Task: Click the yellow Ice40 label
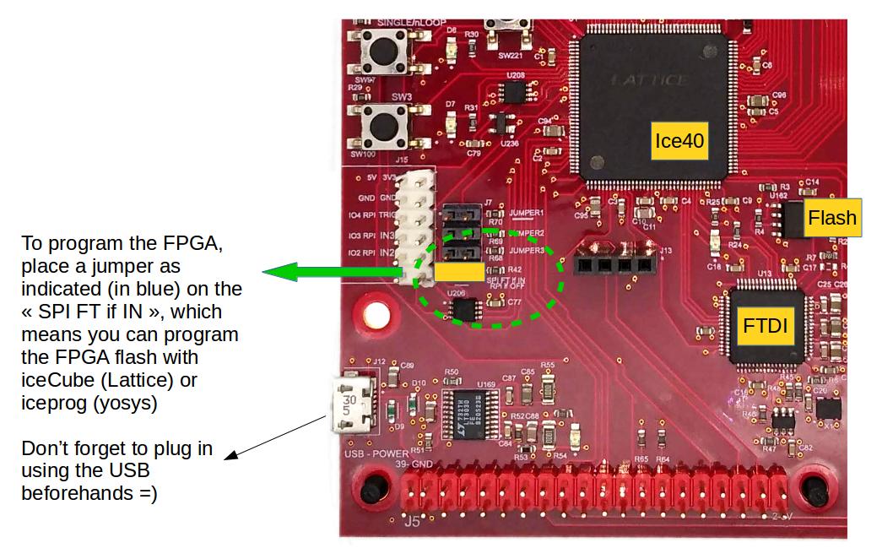point(679,141)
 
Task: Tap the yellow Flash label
point(832,218)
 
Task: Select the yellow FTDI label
point(766,326)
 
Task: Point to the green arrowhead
point(277,272)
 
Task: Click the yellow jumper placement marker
point(459,271)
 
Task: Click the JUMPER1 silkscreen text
point(528,213)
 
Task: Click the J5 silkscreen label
point(412,522)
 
